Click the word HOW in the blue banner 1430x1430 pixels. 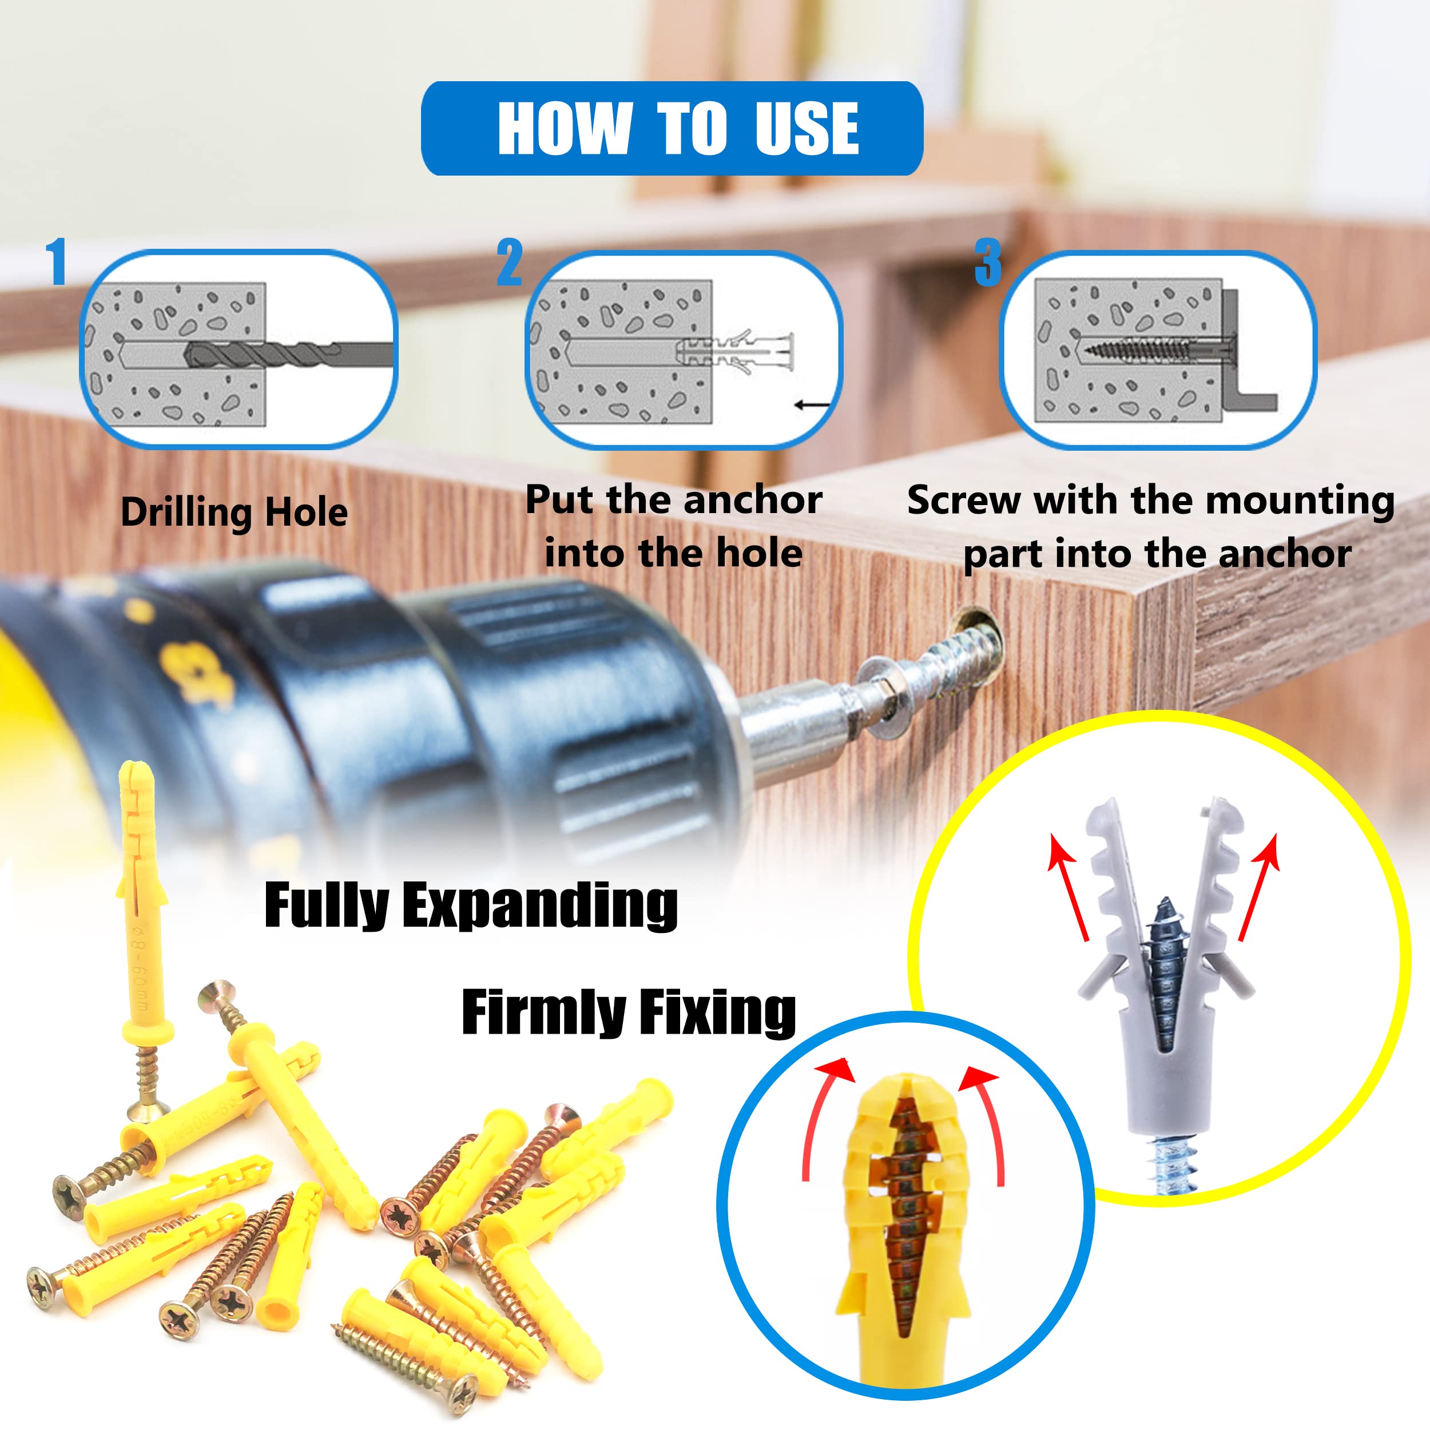(x=565, y=128)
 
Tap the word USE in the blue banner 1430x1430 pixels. (x=807, y=128)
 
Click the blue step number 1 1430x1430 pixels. (x=56, y=261)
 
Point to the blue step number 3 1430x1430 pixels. (x=988, y=262)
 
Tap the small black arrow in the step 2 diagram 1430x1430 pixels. (x=812, y=405)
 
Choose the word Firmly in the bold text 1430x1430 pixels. (x=543, y=1012)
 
